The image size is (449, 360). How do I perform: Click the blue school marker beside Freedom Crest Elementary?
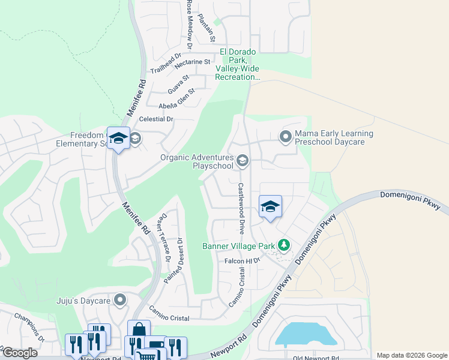(118, 139)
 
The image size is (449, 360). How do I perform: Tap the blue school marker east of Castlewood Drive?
(270, 207)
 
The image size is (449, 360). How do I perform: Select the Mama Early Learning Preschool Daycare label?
(334, 138)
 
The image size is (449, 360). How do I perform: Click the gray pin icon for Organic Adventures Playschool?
(243, 160)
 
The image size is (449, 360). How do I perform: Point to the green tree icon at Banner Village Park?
(284, 245)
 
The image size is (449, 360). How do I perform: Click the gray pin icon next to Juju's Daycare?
(120, 299)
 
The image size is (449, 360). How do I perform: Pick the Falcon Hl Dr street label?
(241, 261)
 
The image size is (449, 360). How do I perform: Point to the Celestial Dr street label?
(156, 119)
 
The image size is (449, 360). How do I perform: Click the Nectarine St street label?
(191, 61)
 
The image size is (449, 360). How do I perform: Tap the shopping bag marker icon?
(139, 331)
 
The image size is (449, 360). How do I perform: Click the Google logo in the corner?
(20, 353)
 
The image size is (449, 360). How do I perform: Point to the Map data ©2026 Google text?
(411, 355)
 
